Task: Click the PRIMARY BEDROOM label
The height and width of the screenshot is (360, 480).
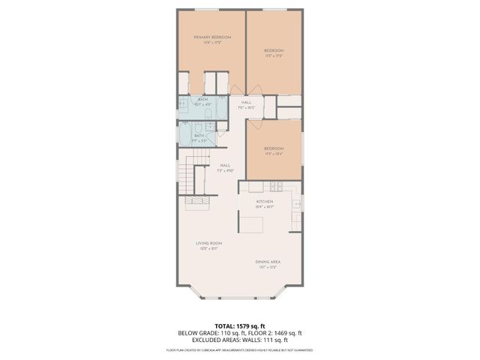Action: point(211,37)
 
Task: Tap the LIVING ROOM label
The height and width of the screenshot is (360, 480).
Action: point(208,244)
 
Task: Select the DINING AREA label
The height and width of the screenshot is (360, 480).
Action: point(268,261)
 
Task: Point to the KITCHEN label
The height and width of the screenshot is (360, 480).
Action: point(264,202)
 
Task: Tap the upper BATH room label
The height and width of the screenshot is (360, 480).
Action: point(203,100)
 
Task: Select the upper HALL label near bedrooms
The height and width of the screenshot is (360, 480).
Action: point(246,103)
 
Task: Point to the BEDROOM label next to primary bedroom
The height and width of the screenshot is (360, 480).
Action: point(273,51)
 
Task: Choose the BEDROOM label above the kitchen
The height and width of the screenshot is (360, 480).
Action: point(273,148)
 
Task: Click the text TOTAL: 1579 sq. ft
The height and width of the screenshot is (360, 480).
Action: point(240,326)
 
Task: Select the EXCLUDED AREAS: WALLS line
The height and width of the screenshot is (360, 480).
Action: point(240,340)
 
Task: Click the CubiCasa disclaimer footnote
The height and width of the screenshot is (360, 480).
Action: point(240,349)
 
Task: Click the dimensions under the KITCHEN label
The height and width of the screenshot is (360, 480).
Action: point(264,207)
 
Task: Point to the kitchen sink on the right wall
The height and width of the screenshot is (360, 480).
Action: point(297,202)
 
